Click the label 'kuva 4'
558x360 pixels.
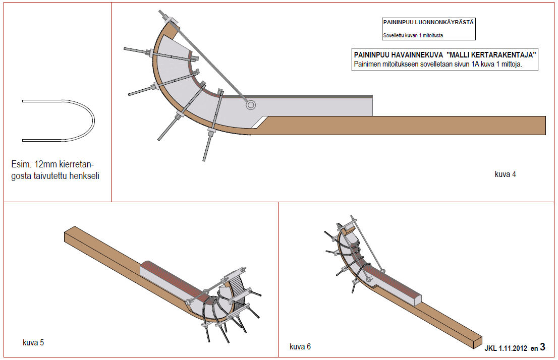pos(505,174)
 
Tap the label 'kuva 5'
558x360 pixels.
pos(33,343)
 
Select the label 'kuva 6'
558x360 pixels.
pos(300,347)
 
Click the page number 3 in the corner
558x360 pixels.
pos(542,347)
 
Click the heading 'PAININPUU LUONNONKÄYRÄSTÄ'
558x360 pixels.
pos(428,23)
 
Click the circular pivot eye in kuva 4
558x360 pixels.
pos(251,105)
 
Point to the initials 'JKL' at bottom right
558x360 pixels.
pos(491,348)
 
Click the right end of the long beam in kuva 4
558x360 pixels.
pos(542,125)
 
